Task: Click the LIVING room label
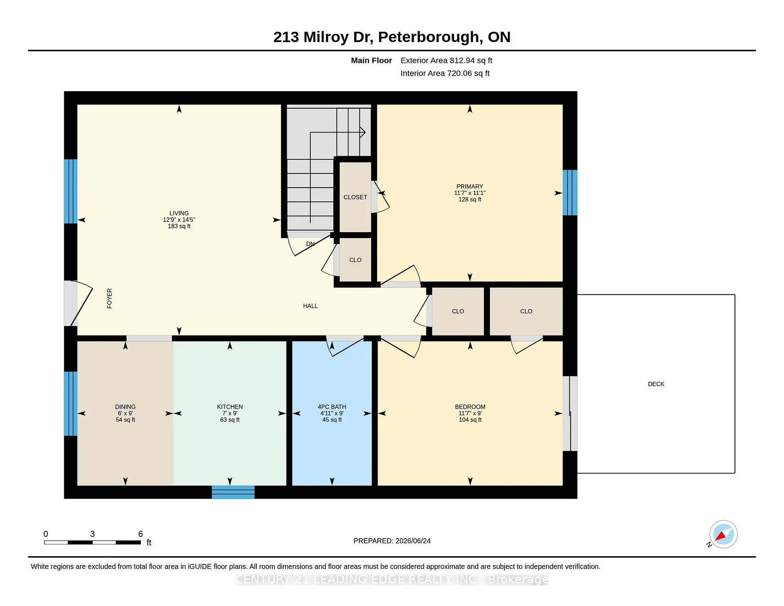179,213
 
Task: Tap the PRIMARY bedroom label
470,186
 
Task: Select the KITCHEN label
230,407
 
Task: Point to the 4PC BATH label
332,407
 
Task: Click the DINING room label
125,407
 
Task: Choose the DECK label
656,384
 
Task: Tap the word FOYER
109,298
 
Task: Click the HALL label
310,306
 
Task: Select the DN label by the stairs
310,244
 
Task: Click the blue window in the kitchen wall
233,492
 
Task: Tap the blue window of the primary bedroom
570,192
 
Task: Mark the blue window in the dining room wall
71,404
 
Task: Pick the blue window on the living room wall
71,191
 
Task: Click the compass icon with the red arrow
723,534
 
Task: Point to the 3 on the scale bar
92,534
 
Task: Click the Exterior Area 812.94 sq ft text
446,60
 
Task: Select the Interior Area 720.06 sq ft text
445,73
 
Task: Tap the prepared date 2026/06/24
413,541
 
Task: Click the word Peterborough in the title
428,37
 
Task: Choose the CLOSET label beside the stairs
355,197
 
